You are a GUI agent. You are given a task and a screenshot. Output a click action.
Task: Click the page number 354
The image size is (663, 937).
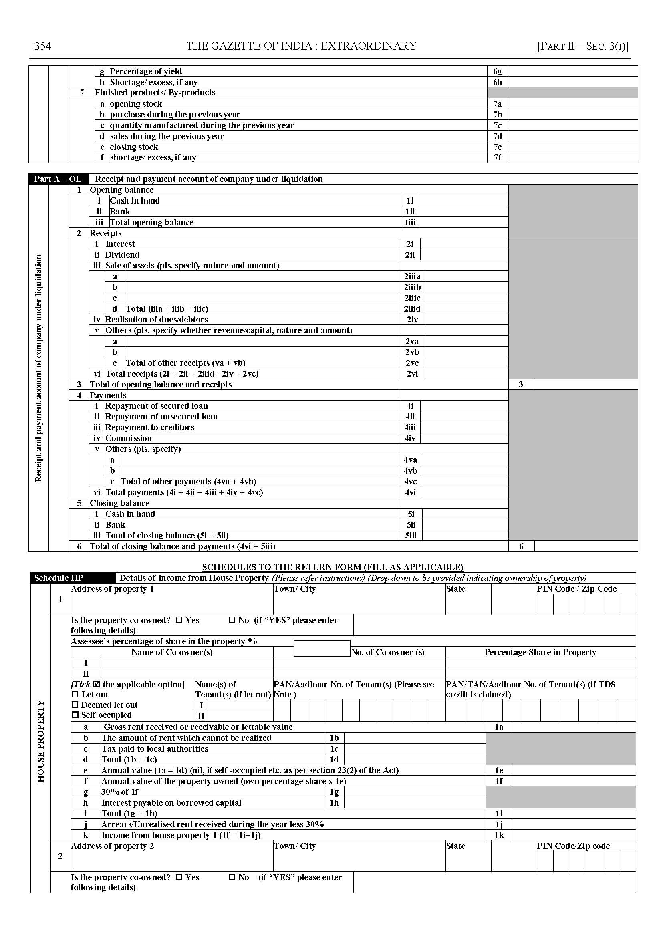(x=42, y=46)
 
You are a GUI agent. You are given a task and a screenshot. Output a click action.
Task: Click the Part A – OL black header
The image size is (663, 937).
(x=58, y=179)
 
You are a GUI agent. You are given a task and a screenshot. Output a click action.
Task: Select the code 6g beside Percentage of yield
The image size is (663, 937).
(x=497, y=71)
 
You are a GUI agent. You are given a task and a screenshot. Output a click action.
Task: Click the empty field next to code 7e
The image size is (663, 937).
(x=572, y=147)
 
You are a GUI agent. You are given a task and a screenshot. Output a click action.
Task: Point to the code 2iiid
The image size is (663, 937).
(x=412, y=308)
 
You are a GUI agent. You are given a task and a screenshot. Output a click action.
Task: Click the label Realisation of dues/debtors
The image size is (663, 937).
(x=157, y=320)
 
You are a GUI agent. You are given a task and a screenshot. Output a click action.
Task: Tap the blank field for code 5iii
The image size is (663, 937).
(x=464, y=535)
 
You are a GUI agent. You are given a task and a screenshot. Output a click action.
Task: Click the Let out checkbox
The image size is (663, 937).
(x=75, y=695)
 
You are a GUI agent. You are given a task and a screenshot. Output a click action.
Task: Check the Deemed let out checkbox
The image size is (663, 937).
(x=75, y=705)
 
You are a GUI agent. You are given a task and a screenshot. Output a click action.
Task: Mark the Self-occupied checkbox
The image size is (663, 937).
(x=75, y=715)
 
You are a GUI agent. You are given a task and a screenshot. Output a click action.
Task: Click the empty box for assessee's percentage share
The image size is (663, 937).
(x=322, y=648)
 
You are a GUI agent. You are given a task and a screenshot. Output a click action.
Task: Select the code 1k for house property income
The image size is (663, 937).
(x=498, y=835)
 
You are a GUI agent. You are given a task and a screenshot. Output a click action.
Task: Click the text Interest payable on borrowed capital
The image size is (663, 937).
(x=171, y=803)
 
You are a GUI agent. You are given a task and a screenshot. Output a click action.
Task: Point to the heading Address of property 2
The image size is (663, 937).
(x=112, y=846)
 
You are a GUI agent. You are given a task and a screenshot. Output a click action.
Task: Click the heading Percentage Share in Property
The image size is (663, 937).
(x=540, y=652)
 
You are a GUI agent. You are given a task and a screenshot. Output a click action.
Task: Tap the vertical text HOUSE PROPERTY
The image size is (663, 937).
(x=41, y=741)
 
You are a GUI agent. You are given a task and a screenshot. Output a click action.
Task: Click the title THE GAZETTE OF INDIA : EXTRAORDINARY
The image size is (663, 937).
(x=301, y=46)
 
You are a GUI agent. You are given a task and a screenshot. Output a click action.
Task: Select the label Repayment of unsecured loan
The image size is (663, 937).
(x=161, y=417)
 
